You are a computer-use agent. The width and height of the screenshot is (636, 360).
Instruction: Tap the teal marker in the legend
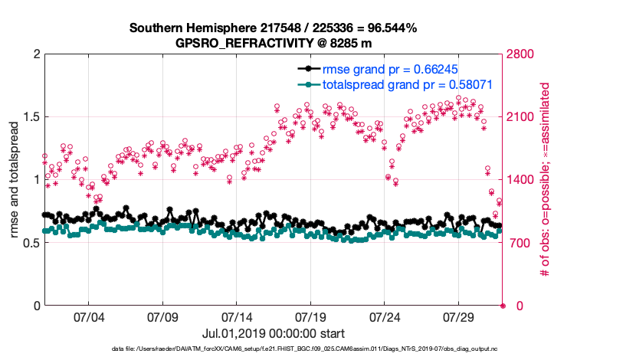point(307,83)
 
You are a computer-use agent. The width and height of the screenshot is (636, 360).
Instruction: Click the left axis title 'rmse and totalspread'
point(15,179)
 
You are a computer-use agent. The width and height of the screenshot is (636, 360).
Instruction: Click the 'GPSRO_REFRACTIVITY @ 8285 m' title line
point(274,42)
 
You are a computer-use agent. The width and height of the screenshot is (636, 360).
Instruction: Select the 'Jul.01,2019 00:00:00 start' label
point(273,333)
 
